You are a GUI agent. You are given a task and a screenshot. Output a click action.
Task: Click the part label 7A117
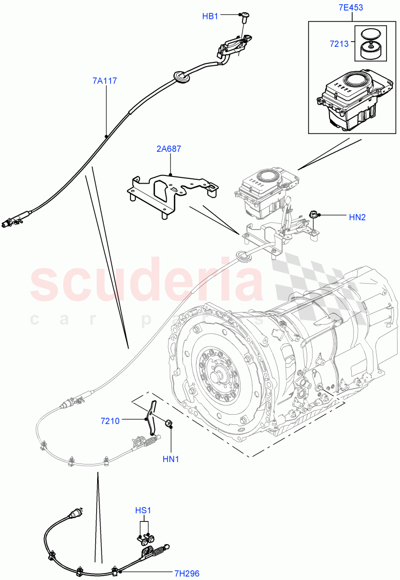tap(105, 81)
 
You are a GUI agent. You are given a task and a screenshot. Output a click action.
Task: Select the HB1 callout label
tap(210, 16)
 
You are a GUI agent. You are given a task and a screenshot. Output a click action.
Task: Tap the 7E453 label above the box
tap(351, 8)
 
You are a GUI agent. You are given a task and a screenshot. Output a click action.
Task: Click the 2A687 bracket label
tap(169, 149)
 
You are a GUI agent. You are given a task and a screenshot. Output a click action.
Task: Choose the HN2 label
tap(357, 217)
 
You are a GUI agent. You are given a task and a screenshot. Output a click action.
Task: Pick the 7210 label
tap(110, 421)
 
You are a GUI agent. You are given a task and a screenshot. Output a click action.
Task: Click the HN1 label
tap(171, 459)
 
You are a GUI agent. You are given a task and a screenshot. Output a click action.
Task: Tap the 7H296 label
tap(187, 573)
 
